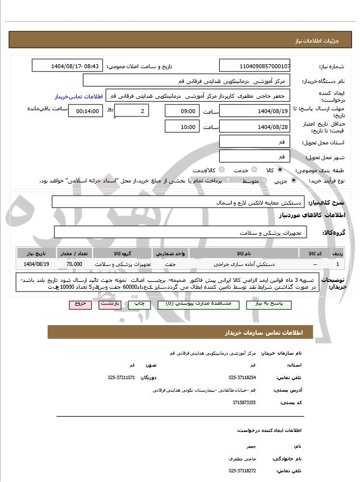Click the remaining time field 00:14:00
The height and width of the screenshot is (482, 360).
(86, 110)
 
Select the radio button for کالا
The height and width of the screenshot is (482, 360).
(279, 170)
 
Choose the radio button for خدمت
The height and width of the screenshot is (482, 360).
(253, 170)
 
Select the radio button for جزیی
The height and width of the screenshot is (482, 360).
(294, 180)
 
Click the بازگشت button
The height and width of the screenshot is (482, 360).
(110, 305)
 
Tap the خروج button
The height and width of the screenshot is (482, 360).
(80, 305)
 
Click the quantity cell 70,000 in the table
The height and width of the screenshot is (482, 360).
(74, 264)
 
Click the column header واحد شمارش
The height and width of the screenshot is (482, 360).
(169, 253)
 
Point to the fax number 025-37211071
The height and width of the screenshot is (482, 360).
(122, 377)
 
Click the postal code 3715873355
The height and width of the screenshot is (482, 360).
(244, 402)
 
